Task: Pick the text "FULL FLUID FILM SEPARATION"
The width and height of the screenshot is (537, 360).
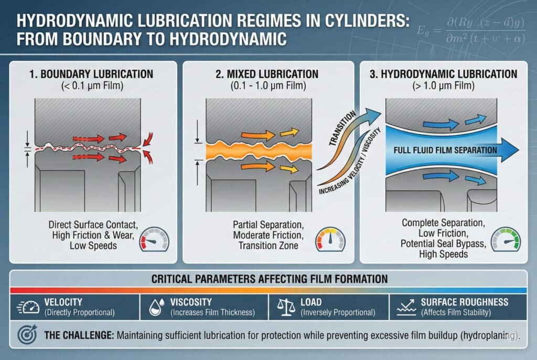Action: point(444,150)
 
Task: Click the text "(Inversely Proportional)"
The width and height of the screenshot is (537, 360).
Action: point(338,313)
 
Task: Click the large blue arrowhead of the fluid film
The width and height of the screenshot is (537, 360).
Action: point(509,150)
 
